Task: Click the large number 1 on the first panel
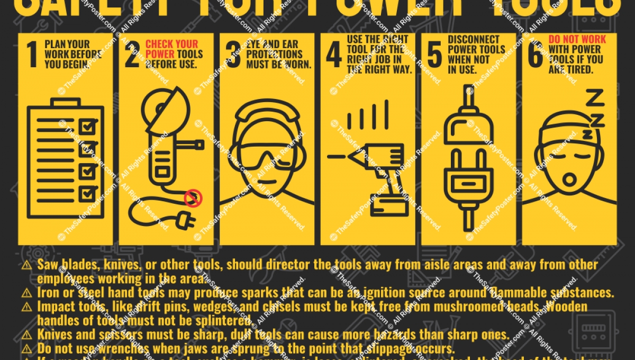(32, 56)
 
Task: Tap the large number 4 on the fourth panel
(333, 56)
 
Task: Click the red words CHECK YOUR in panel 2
(171, 44)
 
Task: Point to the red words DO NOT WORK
(577, 40)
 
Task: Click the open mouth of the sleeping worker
(569, 179)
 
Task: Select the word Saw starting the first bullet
(47, 265)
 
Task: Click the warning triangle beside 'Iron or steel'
(26, 293)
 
